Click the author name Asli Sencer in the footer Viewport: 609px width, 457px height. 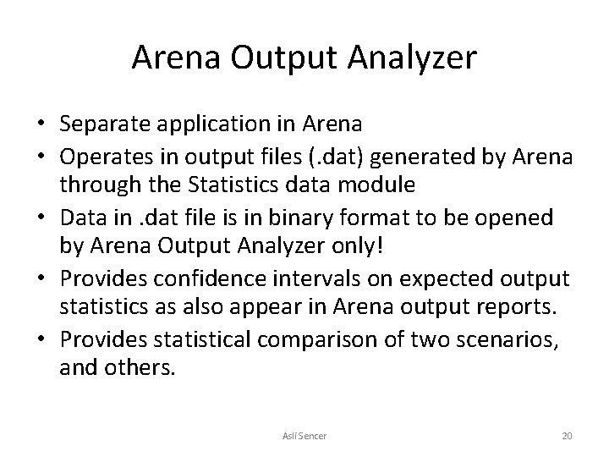(304, 435)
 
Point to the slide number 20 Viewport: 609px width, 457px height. (567, 435)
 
